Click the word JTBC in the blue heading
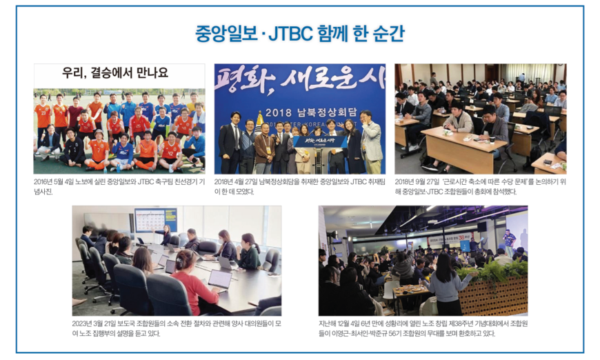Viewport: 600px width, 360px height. click(x=291, y=34)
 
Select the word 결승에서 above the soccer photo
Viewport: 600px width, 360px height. click(x=113, y=72)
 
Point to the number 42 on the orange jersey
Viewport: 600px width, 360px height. click(x=170, y=154)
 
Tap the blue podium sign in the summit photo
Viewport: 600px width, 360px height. click(x=320, y=141)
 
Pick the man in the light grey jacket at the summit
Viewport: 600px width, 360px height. click(x=372, y=142)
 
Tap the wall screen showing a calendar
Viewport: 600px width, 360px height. click(x=155, y=219)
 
